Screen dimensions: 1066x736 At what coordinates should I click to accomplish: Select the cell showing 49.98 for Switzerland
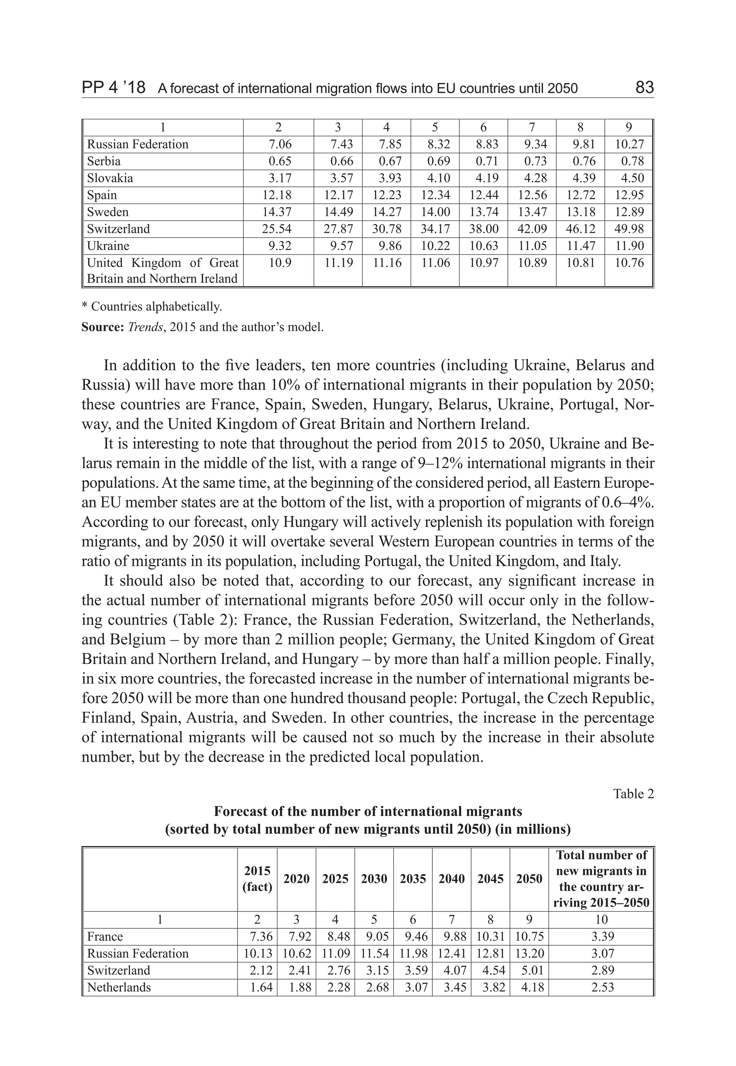pyautogui.click(x=629, y=229)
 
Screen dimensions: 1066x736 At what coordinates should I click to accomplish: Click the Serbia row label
pyautogui.click(x=104, y=161)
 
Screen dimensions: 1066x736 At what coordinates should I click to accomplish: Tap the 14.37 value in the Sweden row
pyautogui.click(x=277, y=212)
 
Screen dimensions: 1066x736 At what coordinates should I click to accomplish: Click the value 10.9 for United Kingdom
pyautogui.click(x=280, y=263)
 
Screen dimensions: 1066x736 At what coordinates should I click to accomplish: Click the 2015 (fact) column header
pyautogui.click(x=257, y=878)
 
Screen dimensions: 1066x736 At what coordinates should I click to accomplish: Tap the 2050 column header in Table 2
pyautogui.click(x=529, y=879)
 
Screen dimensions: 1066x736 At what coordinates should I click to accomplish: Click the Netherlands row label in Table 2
pyautogui.click(x=119, y=987)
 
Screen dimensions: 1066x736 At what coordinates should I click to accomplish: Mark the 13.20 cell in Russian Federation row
pyautogui.click(x=529, y=953)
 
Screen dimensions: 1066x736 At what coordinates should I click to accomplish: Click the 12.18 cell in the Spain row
pyautogui.click(x=277, y=195)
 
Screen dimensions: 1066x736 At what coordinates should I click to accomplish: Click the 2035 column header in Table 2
pyautogui.click(x=413, y=879)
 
